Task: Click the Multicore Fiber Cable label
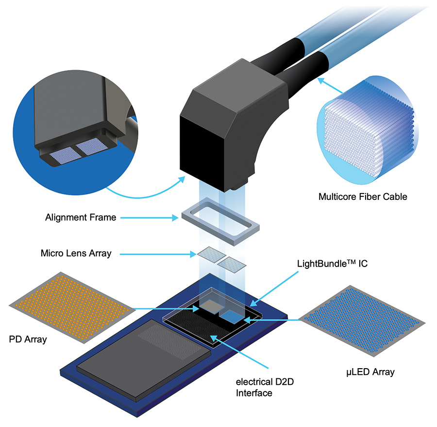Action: click(x=363, y=197)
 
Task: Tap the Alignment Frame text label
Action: click(x=81, y=217)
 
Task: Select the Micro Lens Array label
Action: click(x=76, y=253)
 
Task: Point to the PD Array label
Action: click(x=28, y=339)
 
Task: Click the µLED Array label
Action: click(x=370, y=372)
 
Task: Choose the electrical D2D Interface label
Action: click(x=265, y=388)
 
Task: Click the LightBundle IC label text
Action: click(x=332, y=264)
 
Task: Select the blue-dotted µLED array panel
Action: click(x=362, y=320)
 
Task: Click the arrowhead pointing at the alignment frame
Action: click(x=175, y=218)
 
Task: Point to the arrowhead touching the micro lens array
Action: click(x=193, y=254)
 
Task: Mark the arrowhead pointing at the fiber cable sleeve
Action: click(x=321, y=81)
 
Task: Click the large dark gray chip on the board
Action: click(x=144, y=360)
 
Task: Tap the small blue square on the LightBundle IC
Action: click(x=232, y=317)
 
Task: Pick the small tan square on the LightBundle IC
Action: click(x=212, y=306)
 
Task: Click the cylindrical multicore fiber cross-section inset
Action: click(x=368, y=130)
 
